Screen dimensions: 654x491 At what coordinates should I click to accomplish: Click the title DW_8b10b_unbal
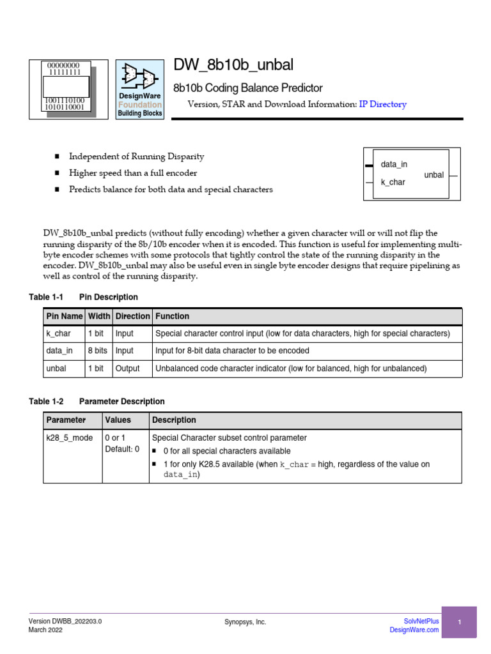click(x=234, y=65)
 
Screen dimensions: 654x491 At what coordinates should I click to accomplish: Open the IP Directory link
click(x=382, y=104)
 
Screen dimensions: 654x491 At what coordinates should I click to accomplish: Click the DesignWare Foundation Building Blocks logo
click(x=139, y=89)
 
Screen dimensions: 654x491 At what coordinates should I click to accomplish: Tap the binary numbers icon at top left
click(x=67, y=89)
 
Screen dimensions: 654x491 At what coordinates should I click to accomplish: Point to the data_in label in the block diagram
click(x=394, y=165)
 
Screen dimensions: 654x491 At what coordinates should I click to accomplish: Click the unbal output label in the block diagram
click(x=433, y=175)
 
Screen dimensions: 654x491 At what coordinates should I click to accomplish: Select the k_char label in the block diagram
click(x=393, y=183)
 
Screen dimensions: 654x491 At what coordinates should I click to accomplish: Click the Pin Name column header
click(x=64, y=316)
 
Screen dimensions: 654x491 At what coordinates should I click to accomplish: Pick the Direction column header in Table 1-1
click(x=132, y=316)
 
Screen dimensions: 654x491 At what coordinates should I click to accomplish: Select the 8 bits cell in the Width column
click(x=98, y=351)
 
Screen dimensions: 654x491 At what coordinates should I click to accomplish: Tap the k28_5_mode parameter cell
click(x=70, y=437)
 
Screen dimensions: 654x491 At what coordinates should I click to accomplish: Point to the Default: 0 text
click(x=122, y=449)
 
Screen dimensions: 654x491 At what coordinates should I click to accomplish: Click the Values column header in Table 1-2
click(x=118, y=420)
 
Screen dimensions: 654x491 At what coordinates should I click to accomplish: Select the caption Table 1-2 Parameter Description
click(x=97, y=402)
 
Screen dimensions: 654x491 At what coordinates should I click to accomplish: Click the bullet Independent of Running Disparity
click(x=136, y=156)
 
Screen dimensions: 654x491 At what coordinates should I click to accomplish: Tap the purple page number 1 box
click(x=459, y=622)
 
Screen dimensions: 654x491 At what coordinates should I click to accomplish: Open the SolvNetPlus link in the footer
click(x=421, y=621)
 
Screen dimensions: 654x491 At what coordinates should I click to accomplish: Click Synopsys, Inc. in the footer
click(x=245, y=622)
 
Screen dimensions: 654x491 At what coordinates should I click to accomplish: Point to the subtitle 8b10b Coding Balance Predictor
click(x=248, y=88)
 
